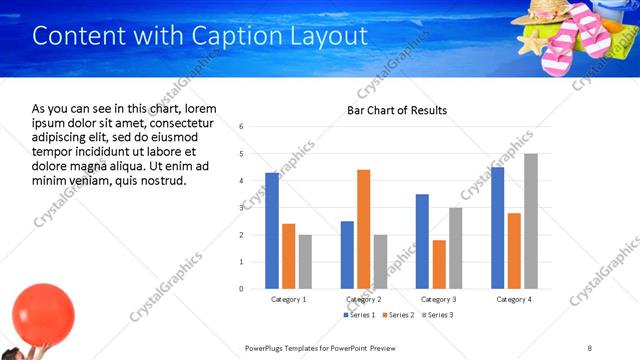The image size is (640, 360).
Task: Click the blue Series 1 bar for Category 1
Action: pos(272,230)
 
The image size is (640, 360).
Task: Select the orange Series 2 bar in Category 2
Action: pos(363,229)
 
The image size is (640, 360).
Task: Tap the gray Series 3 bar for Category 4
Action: pos(530,221)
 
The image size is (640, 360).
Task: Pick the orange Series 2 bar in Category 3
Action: pos(439,264)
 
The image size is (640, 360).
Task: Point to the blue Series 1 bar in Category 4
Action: pos(497,228)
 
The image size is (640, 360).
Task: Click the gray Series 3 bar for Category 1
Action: pos(305,261)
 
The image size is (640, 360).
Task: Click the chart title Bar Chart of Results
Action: pos(397,110)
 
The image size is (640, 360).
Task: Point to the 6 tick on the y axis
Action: pos(242,127)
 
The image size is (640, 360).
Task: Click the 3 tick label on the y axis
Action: pos(242,208)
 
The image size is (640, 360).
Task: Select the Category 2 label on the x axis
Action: pos(363,299)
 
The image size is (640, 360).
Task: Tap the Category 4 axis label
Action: pos(514,299)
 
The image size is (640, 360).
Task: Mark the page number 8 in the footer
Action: pos(589,347)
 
